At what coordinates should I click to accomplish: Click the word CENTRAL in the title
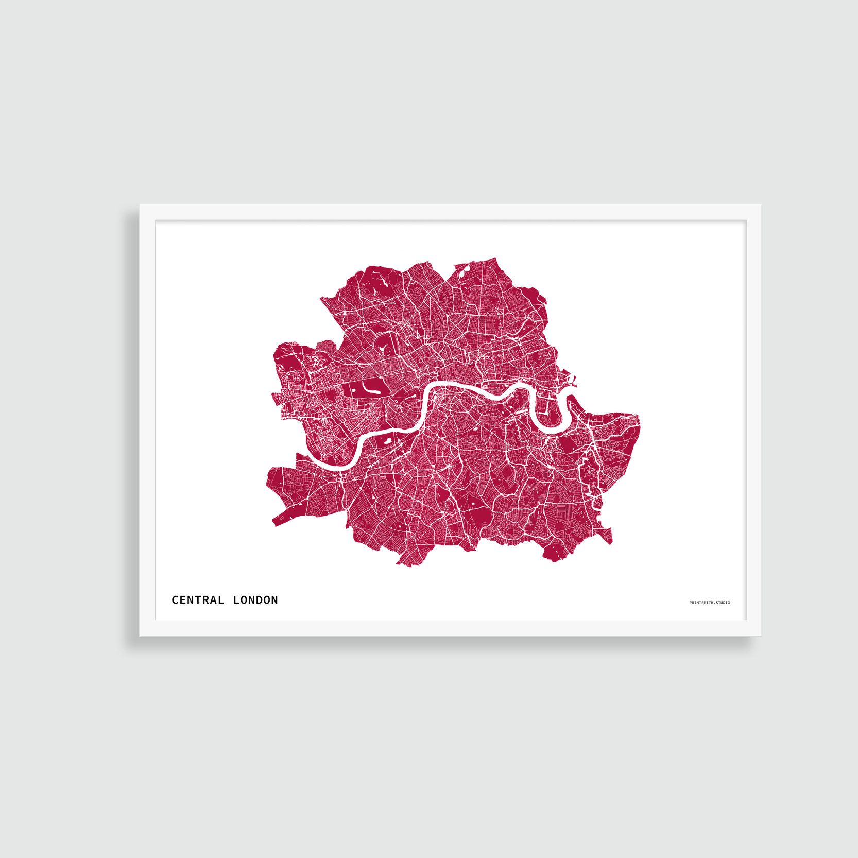pyautogui.click(x=198, y=600)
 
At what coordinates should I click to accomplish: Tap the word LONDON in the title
pyautogui.click(x=255, y=600)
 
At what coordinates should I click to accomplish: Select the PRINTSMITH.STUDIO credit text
pyautogui.click(x=709, y=603)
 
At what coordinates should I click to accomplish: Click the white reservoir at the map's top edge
pyautogui.click(x=461, y=270)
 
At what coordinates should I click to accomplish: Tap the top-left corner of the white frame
pyautogui.click(x=141, y=205)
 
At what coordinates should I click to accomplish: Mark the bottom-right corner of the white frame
pyautogui.click(x=760, y=635)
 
